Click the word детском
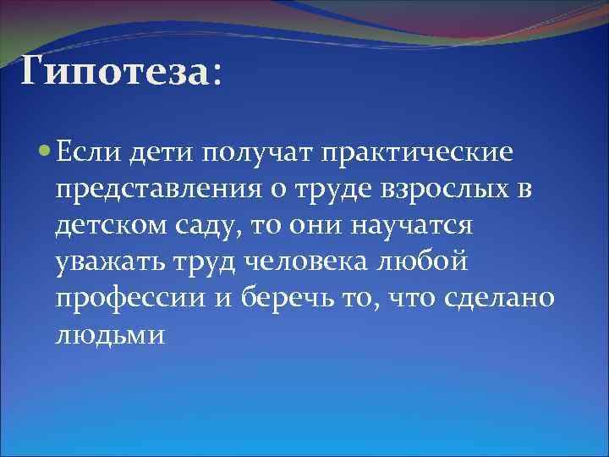107,227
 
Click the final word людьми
98,336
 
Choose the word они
313,227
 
